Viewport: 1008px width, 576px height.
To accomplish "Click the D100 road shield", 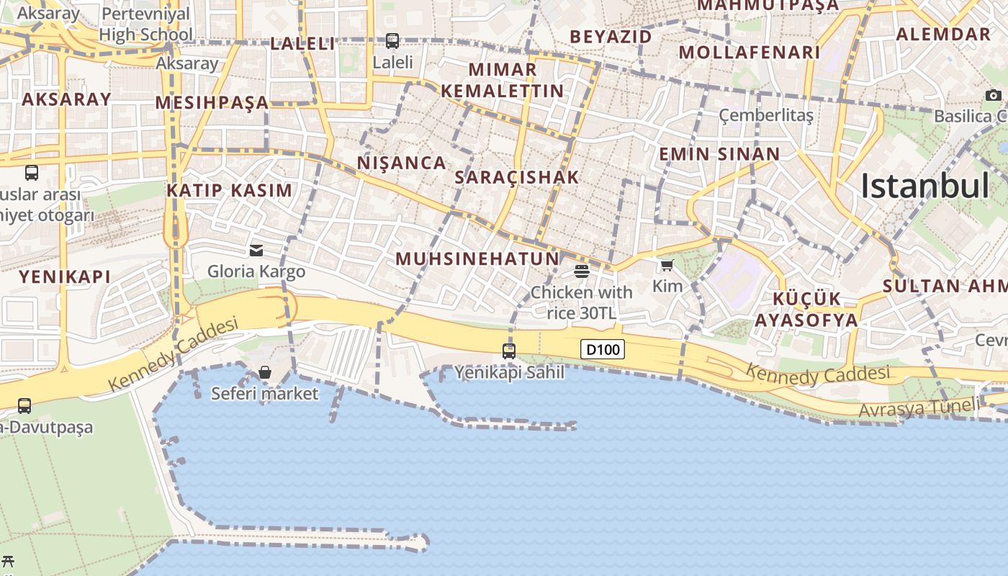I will point(603,350).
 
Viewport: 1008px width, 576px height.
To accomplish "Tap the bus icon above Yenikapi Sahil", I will point(509,351).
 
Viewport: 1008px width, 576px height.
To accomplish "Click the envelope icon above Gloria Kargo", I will point(256,251).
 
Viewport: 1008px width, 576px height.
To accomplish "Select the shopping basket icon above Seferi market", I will point(265,372).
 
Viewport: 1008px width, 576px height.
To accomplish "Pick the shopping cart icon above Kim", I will point(667,266).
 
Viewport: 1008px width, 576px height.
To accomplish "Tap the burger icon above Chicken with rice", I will point(582,271).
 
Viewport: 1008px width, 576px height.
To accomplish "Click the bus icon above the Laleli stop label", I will point(392,41).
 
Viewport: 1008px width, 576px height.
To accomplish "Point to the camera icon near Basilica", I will point(994,95).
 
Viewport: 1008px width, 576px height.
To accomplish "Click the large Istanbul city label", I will point(925,186).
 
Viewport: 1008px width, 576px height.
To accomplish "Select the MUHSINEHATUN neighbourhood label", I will point(477,258).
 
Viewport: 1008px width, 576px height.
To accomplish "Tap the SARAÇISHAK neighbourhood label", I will point(517,177).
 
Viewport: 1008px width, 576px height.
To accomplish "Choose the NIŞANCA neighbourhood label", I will point(402,163).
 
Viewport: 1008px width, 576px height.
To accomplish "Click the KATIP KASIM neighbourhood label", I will point(230,191).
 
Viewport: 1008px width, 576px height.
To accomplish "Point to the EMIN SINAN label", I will point(719,154).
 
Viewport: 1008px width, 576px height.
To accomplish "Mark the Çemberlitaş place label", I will point(766,115).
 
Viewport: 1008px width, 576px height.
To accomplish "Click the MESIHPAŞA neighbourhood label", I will point(212,103).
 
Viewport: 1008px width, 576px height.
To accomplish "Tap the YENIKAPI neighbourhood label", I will point(65,276).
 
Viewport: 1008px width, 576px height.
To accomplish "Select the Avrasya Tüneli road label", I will point(919,408).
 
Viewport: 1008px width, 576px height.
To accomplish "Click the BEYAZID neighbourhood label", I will point(611,37).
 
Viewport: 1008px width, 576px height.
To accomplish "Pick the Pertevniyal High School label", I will point(146,24).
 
